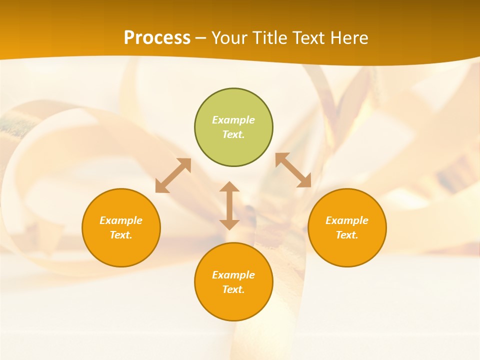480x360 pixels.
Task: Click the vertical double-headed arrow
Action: point(229,206)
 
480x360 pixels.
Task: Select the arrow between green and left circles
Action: point(173,175)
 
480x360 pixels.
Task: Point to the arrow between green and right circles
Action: point(293,170)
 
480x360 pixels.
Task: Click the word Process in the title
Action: point(157,37)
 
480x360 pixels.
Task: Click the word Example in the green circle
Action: point(233,120)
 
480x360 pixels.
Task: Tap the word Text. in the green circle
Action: point(233,134)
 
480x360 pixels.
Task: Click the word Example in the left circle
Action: point(121,220)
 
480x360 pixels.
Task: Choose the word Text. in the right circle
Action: point(347,235)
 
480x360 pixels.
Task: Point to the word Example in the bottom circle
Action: point(233,275)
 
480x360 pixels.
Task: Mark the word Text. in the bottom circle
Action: point(233,289)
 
